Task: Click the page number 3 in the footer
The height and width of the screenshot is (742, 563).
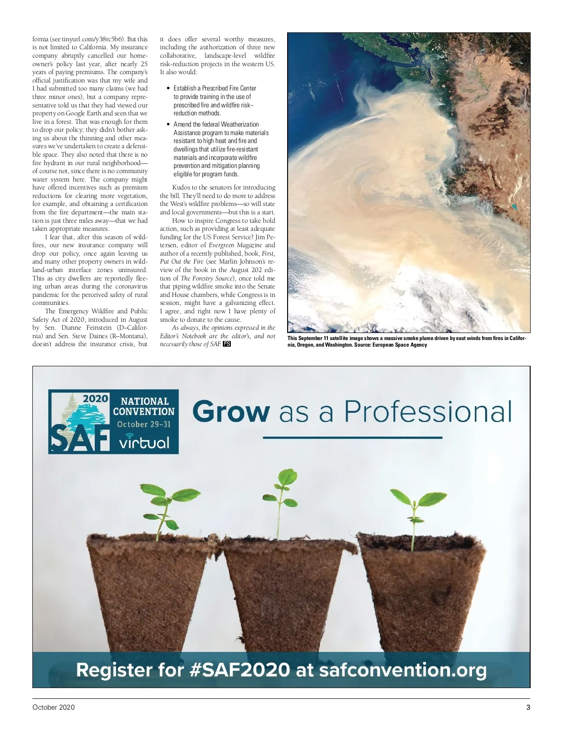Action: coord(528,707)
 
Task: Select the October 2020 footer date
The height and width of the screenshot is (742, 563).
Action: coord(53,707)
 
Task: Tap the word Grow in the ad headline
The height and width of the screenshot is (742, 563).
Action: coord(231,412)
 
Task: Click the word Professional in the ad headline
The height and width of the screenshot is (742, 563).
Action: coord(428,412)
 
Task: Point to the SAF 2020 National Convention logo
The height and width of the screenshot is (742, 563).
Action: coord(114,422)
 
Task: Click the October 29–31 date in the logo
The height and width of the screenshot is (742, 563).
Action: coord(144,424)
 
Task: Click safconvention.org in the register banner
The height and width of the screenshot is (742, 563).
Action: coord(403,670)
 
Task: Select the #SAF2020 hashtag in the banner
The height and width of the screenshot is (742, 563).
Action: coord(240,670)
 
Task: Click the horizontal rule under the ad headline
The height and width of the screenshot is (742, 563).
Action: coord(352,438)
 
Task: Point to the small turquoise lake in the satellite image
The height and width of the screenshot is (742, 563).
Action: coord(515,206)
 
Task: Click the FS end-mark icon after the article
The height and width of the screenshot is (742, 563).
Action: coord(227,344)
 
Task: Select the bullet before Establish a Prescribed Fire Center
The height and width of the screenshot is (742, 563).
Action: coord(168,88)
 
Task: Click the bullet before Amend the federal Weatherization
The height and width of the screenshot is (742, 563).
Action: coord(168,124)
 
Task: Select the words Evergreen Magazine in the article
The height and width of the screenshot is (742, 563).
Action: coord(235,245)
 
